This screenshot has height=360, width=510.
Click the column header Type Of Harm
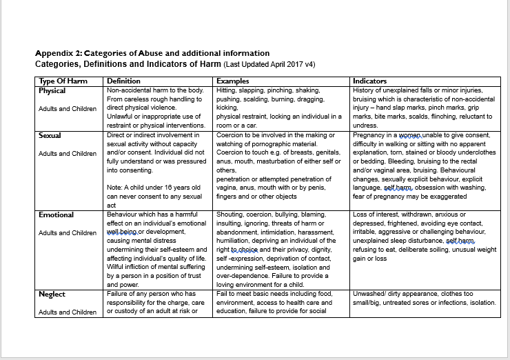[x=63, y=81]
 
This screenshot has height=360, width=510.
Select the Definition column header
[x=124, y=81]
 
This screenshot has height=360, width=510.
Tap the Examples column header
[x=232, y=81]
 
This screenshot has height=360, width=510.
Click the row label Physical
[x=52, y=90]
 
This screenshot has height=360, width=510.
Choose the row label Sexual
[x=50, y=135]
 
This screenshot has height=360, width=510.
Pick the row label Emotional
[x=57, y=214]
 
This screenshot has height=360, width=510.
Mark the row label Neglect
[x=52, y=294]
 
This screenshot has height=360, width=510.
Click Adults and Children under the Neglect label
[x=68, y=312]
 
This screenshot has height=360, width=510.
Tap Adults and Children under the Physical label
[x=68, y=108]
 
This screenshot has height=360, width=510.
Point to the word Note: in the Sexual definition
[x=115, y=187]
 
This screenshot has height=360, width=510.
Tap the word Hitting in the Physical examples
[x=227, y=90]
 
